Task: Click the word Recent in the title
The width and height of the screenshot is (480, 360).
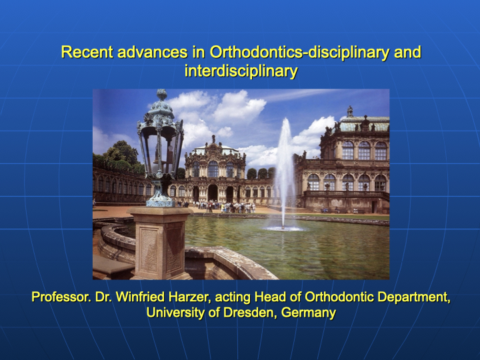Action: [x=87, y=52]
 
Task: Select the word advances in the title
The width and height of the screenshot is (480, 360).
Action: [x=153, y=52]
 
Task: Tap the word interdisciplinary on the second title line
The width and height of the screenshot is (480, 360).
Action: [x=241, y=71]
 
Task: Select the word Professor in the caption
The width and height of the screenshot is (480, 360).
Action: [x=61, y=297]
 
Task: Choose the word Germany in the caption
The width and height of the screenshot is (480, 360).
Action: [x=309, y=313]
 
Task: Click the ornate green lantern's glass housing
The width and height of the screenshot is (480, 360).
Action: [x=160, y=150]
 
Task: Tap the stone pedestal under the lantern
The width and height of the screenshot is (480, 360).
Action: [x=161, y=243]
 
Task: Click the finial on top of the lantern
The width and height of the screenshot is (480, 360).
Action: [x=161, y=95]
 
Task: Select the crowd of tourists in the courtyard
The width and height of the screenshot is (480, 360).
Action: [x=227, y=207]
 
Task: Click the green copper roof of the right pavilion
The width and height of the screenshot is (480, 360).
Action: [x=364, y=124]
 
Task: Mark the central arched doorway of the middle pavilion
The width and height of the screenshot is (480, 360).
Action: [x=213, y=193]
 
